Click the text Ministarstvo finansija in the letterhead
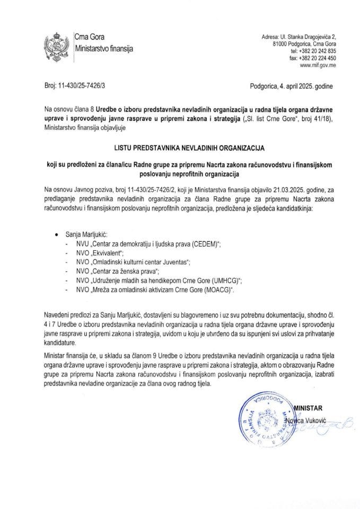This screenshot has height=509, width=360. (x=103, y=48)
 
